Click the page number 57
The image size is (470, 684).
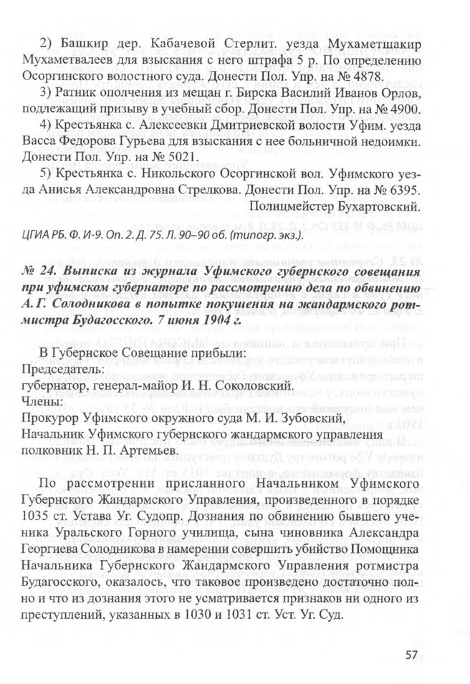[x=411, y=655]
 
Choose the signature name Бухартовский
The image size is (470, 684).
[x=378, y=207]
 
